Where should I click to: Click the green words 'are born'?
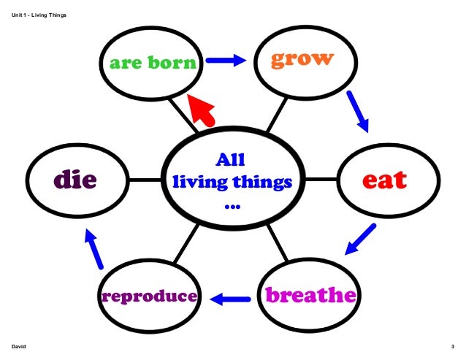153,63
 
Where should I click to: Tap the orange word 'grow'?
302,58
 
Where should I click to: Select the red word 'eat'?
385,180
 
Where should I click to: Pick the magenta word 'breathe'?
310,295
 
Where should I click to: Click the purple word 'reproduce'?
150,296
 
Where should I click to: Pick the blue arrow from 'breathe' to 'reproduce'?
230,298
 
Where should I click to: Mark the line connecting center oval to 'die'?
145,180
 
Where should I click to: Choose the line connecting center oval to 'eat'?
320,179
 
